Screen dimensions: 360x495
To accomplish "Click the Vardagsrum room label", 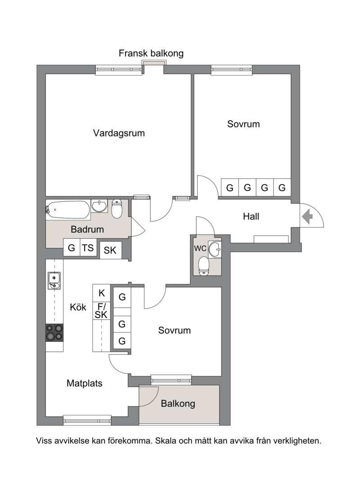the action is (119, 133).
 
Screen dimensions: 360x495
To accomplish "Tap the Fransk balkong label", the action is (151, 53).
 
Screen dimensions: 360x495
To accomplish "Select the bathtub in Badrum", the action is (68, 209).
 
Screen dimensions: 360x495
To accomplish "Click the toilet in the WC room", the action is (204, 267).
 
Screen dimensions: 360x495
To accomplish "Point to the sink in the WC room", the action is (215, 249).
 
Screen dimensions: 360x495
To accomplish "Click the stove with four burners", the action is (54, 333).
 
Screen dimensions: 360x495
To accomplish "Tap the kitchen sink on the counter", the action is (54, 280).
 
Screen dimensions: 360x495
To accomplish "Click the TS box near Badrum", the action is (88, 248).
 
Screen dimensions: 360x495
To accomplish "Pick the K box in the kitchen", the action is (102, 293).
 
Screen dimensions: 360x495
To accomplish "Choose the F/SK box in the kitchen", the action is (101, 311).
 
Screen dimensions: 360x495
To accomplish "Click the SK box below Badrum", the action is (110, 250).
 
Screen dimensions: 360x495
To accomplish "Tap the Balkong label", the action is (178, 404).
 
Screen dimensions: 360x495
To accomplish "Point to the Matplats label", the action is (85, 383).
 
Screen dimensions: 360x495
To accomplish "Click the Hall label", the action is (251, 217).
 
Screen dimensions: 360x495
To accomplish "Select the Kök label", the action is (78, 307).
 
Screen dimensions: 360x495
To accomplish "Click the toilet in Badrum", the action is (117, 209).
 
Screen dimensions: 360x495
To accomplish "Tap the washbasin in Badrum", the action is (99, 206).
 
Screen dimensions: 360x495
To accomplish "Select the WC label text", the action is (200, 249).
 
